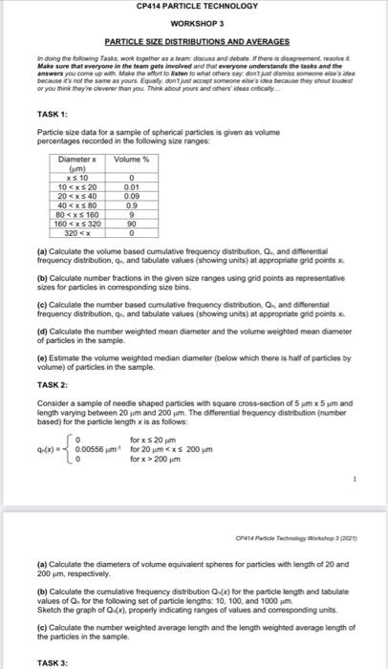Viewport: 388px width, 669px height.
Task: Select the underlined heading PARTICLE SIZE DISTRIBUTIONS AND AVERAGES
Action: [195, 42]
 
